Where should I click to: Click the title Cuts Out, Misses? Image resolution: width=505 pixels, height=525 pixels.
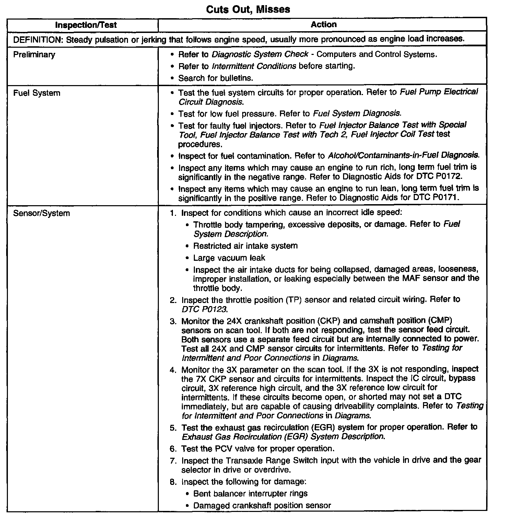click(x=248, y=9)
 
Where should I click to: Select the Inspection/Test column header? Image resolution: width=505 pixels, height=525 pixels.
click(x=86, y=25)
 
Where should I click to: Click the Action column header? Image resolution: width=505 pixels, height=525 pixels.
click(x=324, y=24)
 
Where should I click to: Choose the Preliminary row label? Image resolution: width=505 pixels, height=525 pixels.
click(x=34, y=55)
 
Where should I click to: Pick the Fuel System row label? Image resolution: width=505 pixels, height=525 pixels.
click(x=37, y=93)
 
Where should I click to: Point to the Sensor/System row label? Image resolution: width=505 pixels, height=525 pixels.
click(x=42, y=213)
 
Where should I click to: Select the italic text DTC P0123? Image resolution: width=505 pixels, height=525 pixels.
click(x=204, y=309)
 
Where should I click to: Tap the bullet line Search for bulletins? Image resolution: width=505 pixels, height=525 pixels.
click(x=215, y=78)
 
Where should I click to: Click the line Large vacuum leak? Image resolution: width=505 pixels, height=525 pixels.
click(x=229, y=258)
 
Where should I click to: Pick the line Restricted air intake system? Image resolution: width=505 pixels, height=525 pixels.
click(x=245, y=246)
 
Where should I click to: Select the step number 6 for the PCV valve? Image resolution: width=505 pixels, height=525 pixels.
click(x=173, y=448)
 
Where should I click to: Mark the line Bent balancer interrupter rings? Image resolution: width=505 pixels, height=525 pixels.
click(x=250, y=493)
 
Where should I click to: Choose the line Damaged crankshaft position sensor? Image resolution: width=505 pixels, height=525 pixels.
click(x=262, y=505)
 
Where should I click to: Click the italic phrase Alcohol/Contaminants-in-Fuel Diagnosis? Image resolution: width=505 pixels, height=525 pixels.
click(x=403, y=155)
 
